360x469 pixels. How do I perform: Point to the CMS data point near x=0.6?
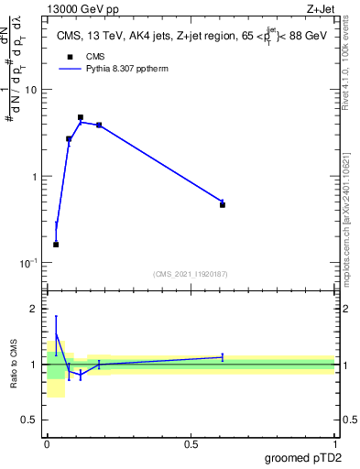[223, 204]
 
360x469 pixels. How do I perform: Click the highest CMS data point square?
[81, 117]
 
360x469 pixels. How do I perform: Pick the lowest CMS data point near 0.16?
[56, 245]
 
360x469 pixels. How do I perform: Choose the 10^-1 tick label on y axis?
[30, 263]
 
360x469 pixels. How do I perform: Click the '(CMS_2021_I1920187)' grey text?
[191, 273]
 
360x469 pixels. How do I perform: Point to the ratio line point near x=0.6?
[223, 357]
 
